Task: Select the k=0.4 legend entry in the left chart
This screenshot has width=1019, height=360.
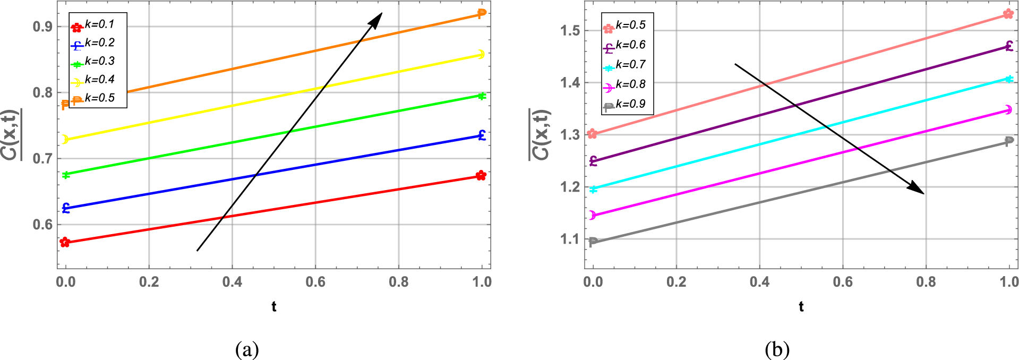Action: tap(99, 80)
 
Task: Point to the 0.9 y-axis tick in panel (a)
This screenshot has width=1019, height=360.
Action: tap(42, 27)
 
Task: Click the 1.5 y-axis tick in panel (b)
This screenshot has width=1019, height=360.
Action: tap(570, 30)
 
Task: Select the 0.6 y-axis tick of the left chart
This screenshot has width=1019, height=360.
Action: tap(42, 225)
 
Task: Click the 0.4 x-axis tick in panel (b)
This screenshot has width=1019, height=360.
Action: tap(759, 282)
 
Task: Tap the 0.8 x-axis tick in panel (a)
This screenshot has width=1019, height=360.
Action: tap(399, 282)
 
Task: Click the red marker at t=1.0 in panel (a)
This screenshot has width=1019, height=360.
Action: tap(481, 175)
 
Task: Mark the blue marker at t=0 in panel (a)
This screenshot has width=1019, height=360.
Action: tap(66, 208)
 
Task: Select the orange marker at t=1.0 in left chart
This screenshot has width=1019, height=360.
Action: tap(481, 13)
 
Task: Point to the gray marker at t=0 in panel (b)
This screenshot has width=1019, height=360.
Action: tap(593, 242)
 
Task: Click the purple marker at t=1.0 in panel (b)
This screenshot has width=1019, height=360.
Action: tap(1008, 46)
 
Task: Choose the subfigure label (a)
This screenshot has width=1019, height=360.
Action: tap(247, 349)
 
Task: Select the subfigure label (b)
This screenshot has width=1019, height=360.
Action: tap(777, 349)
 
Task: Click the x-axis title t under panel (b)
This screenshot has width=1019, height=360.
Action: tap(801, 306)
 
